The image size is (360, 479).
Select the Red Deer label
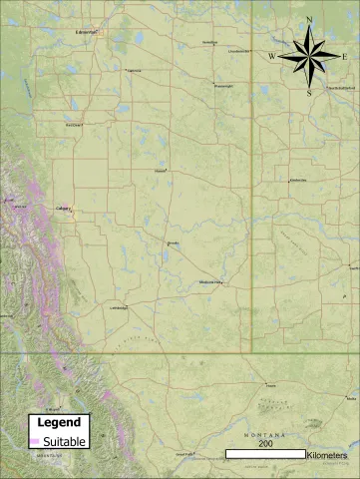(x=73, y=125)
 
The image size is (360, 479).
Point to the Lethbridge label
(x=118, y=307)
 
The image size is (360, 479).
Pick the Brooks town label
(x=172, y=242)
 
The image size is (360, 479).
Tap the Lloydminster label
(x=238, y=50)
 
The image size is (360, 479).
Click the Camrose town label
(x=133, y=70)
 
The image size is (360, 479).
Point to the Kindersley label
(x=297, y=180)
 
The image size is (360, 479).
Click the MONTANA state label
(x=266, y=436)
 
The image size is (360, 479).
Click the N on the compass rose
(x=309, y=21)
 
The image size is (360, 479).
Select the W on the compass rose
(x=271, y=57)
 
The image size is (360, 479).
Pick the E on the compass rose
(x=346, y=57)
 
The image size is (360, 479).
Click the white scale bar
(x=265, y=454)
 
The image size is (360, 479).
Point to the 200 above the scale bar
(x=265, y=443)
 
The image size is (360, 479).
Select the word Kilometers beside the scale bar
(x=328, y=454)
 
